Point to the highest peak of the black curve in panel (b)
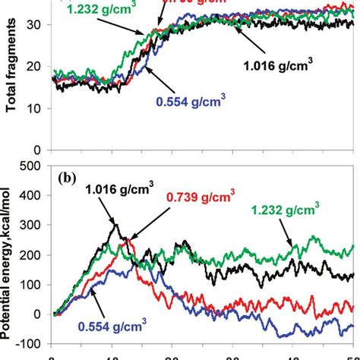click(x=115, y=223)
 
